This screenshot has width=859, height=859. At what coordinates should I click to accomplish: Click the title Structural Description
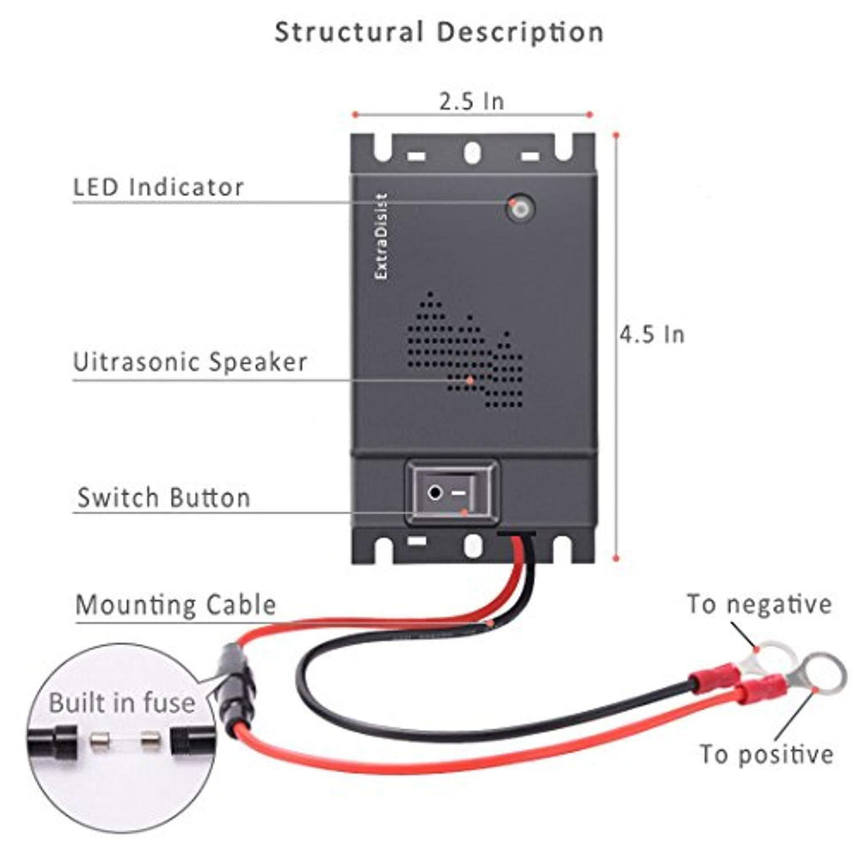439,33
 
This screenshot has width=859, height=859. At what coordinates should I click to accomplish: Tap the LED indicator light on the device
520,207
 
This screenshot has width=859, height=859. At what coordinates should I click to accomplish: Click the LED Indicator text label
159,187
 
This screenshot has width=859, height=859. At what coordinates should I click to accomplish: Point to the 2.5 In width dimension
471,102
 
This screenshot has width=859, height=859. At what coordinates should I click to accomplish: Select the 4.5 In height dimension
652,334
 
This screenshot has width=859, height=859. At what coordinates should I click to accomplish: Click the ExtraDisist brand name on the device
382,236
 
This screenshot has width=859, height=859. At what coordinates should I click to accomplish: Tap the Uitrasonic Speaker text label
190,362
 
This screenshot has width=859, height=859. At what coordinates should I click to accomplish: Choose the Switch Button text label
164,497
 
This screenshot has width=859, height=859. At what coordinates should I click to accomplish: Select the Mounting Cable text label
175,605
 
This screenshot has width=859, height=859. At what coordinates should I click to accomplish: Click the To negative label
759,604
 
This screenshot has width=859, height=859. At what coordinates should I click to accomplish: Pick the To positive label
767,753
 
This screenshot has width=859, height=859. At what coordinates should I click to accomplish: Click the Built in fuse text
121,702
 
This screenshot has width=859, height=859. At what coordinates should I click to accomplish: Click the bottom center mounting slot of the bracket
473,546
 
